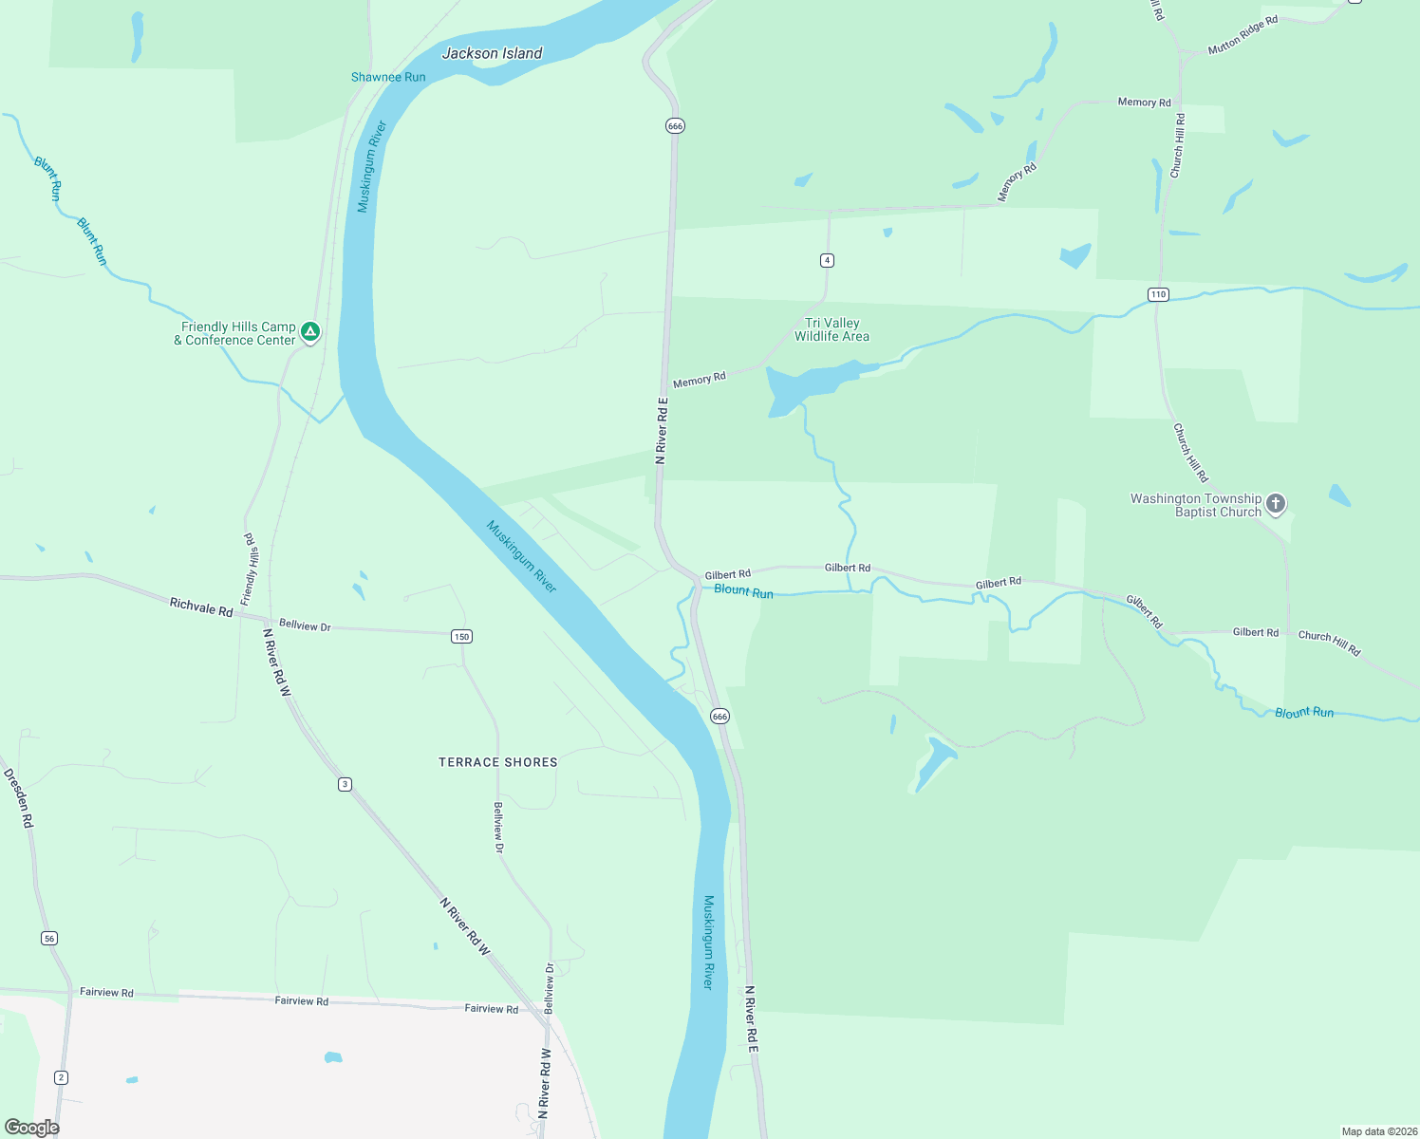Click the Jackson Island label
492,53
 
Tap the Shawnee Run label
388,77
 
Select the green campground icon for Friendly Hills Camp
309,332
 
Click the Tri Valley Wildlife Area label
831,329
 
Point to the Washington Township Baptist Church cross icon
1276,504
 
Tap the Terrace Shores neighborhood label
497,762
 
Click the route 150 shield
461,636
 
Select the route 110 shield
1158,294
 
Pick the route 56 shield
49,938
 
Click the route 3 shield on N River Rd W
345,784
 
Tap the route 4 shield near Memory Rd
827,260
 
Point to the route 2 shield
62,1076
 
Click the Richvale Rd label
201,607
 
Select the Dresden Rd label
19,798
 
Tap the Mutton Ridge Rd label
1242,35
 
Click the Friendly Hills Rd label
250,569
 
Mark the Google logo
31,1128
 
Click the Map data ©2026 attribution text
1378,1131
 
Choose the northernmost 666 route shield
675,125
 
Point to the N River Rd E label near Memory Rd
663,430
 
